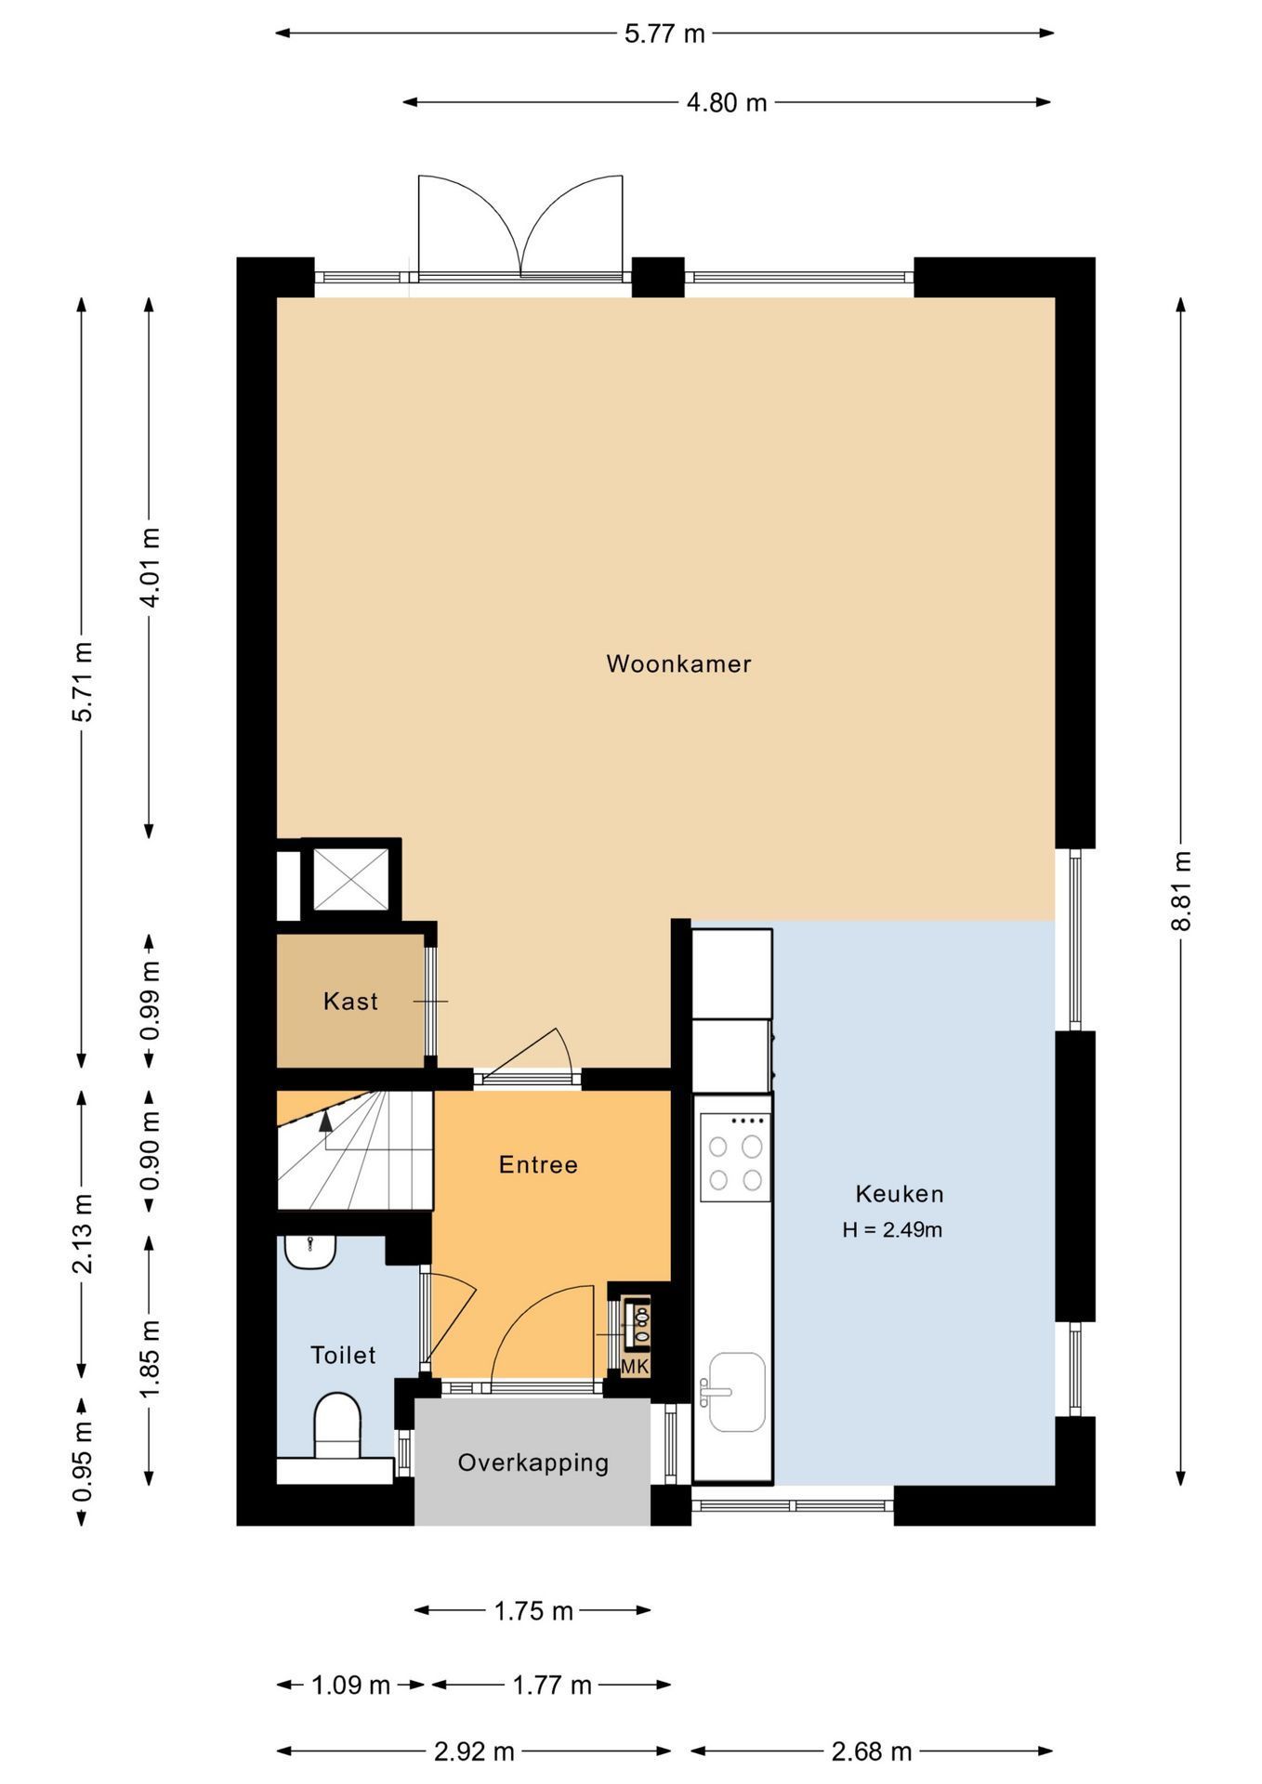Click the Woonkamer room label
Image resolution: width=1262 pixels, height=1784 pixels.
click(678, 663)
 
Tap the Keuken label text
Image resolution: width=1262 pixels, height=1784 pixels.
click(899, 1194)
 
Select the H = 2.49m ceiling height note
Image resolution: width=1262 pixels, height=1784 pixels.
click(892, 1230)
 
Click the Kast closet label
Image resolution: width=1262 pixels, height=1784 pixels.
click(350, 1001)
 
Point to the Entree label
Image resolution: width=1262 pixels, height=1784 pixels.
click(538, 1164)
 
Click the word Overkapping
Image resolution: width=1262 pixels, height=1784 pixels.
click(532, 1463)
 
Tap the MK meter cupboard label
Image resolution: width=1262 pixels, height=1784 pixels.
click(635, 1367)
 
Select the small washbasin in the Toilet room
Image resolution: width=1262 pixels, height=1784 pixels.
click(309, 1252)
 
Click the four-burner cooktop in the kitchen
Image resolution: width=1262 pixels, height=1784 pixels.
click(735, 1157)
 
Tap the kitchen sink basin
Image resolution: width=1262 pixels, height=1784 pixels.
click(736, 1391)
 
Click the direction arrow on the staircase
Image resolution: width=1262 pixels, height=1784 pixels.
click(325, 1122)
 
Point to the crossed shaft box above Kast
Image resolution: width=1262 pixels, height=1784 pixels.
click(350, 879)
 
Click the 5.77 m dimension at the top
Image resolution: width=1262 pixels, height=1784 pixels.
click(664, 34)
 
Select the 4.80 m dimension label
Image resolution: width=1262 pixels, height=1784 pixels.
click(727, 102)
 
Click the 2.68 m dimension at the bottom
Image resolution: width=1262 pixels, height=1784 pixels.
click(871, 1751)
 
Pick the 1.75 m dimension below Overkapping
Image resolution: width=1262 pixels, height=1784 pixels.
click(533, 1610)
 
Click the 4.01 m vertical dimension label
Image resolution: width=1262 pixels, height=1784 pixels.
click(149, 566)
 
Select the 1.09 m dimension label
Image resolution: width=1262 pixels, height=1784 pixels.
click(350, 1685)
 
